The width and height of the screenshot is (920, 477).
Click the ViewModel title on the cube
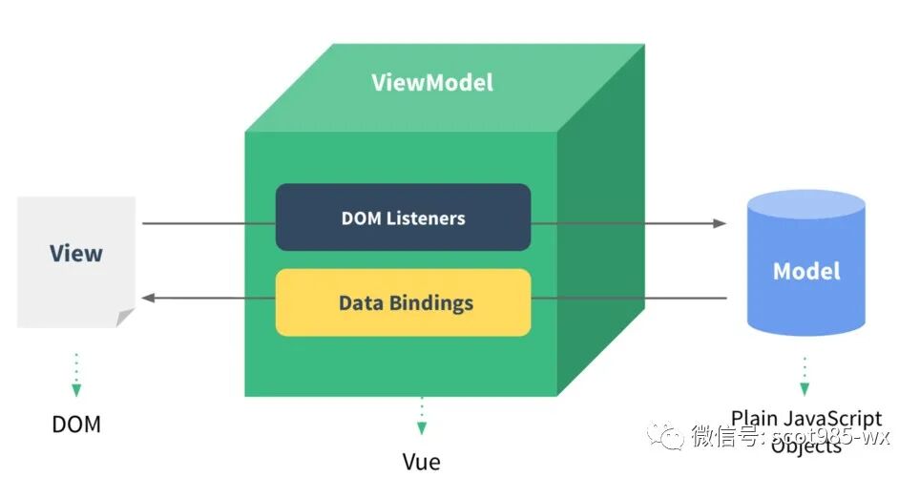click(432, 82)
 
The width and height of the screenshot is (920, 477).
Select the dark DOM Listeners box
click(403, 218)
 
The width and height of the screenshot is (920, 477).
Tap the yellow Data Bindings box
click(403, 302)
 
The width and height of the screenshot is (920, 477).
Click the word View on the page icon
click(76, 253)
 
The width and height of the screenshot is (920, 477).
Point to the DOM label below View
click(76, 424)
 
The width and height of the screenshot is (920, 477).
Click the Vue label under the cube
click(421, 462)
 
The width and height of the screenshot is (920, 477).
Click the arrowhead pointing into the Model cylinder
click(720, 223)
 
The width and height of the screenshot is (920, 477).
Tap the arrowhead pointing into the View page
click(148, 299)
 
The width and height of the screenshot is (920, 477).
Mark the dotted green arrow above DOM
click(76, 374)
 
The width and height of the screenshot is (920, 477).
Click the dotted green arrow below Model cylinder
click(805, 376)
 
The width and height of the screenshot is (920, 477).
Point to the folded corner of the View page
click(125, 318)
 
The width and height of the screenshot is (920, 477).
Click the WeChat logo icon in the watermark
click(664, 435)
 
